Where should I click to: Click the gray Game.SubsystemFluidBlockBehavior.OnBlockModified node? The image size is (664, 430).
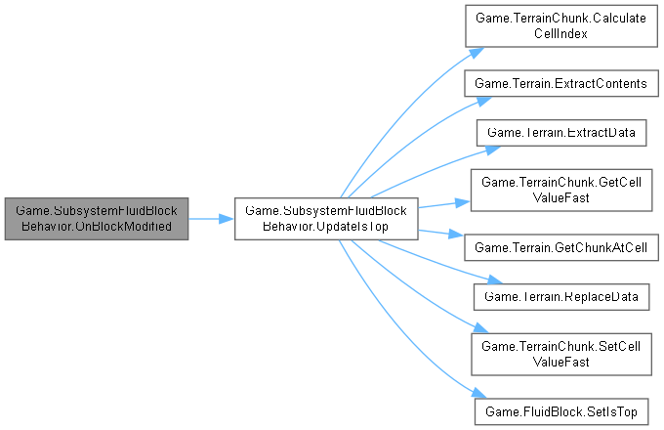95,218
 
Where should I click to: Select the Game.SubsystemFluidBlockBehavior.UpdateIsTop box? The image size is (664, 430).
327,218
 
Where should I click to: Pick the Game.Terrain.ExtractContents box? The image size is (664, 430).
560,84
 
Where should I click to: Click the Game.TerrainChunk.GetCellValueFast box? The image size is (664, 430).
560,189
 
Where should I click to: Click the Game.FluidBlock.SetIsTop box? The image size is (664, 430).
560,409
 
